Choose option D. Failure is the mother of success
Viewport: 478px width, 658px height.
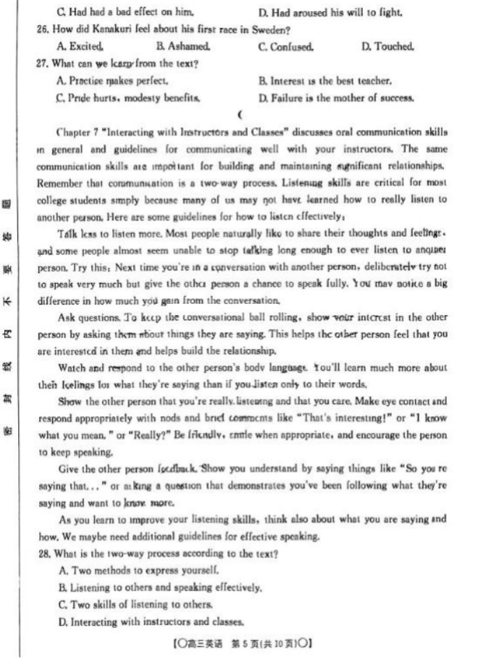click(x=336, y=98)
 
